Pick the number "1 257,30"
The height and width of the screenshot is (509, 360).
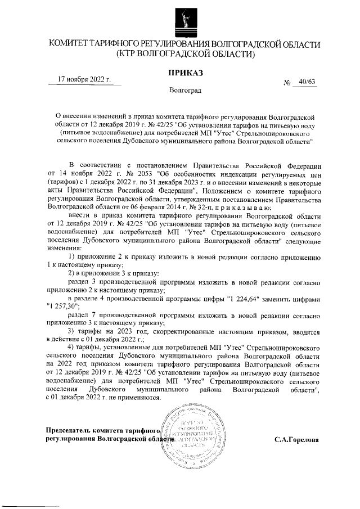(64, 307)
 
